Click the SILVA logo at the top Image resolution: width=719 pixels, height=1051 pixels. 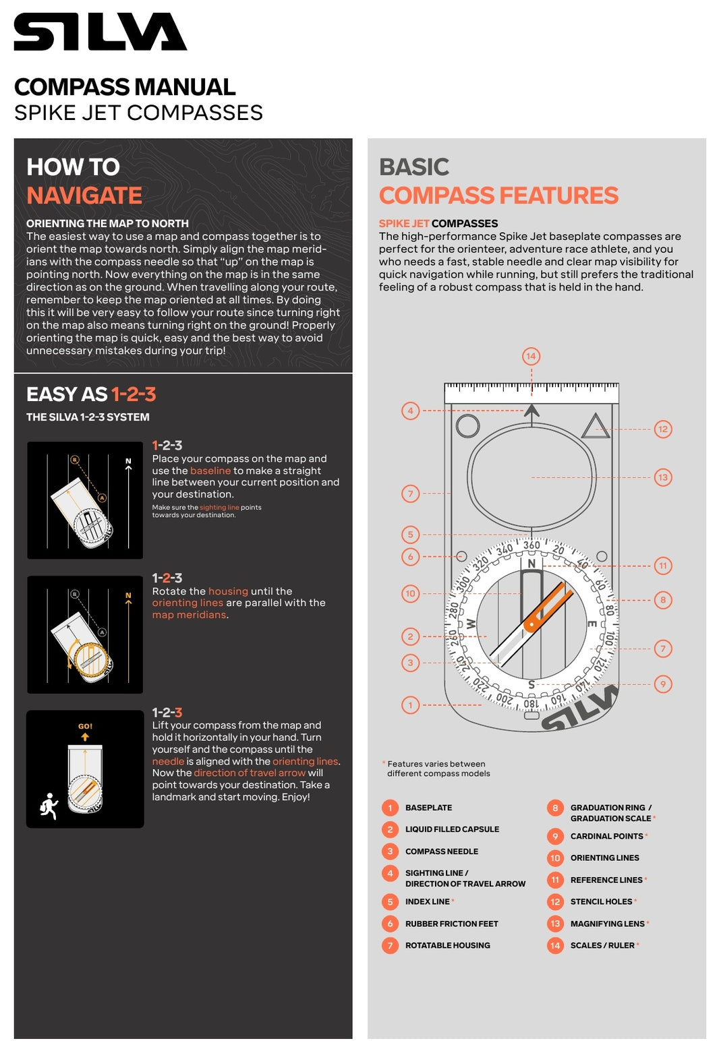pos(100,32)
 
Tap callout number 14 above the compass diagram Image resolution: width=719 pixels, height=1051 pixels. pos(531,356)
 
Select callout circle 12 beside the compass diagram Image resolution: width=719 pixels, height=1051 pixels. pos(663,429)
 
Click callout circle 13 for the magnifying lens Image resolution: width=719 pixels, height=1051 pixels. pos(663,477)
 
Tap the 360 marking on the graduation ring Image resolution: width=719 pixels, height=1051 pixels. pos(531,545)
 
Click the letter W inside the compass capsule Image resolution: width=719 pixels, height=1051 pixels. pos(471,624)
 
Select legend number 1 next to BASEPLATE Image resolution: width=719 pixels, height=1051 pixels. pos(390,808)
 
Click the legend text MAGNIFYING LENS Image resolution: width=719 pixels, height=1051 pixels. pos(607,924)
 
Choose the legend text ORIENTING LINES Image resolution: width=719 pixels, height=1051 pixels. pos(604,858)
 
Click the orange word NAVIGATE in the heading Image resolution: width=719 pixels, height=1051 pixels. pos(84,196)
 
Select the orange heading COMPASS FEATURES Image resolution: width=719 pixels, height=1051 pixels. pos(498,196)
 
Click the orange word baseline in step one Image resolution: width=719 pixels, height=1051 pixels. pos(210,471)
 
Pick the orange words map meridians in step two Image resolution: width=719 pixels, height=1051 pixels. pos(189,615)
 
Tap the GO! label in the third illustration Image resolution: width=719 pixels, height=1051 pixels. pos(85,726)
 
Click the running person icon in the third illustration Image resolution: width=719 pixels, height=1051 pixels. pos(49,806)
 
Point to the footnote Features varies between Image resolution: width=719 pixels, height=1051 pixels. pos(436,764)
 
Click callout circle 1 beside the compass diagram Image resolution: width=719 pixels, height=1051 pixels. pos(410,705)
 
